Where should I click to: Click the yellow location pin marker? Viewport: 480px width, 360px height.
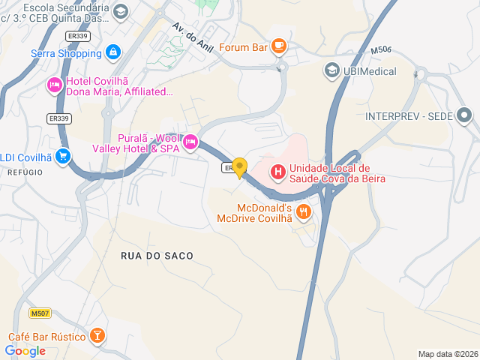coord(239,167)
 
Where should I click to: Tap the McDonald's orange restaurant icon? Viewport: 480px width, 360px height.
coord(303,211)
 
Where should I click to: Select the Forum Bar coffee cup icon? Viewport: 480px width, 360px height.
coord(278,46)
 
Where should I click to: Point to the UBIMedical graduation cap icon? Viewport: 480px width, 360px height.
coord(331,70)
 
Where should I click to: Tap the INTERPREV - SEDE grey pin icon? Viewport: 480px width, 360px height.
coord(464,115)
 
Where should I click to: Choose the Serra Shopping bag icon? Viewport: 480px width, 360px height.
coord(112,52)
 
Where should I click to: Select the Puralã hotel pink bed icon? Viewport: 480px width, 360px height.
coord(190,141)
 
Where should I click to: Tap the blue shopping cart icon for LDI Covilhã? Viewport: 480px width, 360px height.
coord(63,157)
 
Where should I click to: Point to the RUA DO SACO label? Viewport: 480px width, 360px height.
coord(157,256)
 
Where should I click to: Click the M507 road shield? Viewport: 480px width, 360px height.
coord(40,313)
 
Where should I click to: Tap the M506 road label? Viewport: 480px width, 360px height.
coord(380,51)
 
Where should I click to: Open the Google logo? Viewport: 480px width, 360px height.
coord(25,350)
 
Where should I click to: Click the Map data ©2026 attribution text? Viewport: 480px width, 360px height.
coord(447,354)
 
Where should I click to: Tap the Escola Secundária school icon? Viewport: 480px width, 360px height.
coord(121,11)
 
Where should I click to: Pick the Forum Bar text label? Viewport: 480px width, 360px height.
coord(244,47)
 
